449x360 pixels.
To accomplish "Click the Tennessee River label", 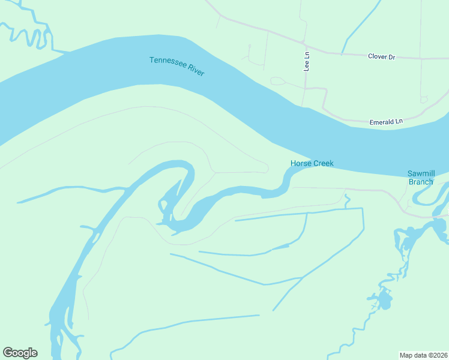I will [177, 66].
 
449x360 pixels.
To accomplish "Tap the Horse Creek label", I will [312, 163].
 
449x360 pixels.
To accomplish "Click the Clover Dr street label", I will [381, 57].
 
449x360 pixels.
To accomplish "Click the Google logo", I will [20, 353].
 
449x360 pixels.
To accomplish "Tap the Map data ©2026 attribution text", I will [423, 355].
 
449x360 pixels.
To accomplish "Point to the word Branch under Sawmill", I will [421, 182].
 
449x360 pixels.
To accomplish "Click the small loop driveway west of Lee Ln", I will [277, 81].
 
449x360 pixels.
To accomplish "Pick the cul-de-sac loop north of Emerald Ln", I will [424, 100].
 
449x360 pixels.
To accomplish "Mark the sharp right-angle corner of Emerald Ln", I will [325, 89].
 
